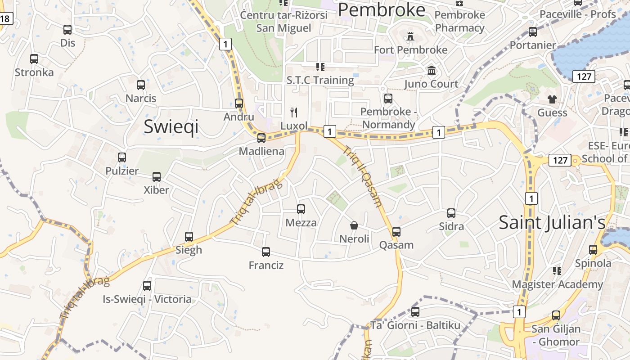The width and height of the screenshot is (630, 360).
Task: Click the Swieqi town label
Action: click(x=171, y=127)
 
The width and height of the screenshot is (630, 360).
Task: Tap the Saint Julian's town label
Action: click(x=552, y=223)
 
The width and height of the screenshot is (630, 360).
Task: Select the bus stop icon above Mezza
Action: click(x=301, y=209)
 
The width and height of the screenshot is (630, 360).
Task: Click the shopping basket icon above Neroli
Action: click(x=354, y=225)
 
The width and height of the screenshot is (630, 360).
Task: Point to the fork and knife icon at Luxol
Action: click(x=294, y=112)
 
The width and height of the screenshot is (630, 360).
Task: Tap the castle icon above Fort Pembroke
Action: click(x=410, y=36)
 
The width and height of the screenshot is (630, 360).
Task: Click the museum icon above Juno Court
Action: click(x=432, y=71)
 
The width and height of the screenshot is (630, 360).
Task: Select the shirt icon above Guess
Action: click(x=552, y=99)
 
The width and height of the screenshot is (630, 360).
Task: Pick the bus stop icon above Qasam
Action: click(x=396, y=231)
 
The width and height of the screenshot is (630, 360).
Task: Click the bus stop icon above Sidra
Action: click(x=451, y=213)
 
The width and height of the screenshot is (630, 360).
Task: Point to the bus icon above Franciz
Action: click(x=266, y=252)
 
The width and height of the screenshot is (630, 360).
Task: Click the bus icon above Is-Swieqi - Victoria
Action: click(x=147, y=285)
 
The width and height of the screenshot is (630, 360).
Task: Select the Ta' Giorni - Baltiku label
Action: click(x=415, y=325)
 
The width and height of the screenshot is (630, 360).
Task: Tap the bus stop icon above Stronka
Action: click(x=34, y=59)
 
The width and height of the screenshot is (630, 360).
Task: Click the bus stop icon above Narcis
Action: click(x=141, y=85)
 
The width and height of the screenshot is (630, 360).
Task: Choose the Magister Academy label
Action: click(x=557, y=284)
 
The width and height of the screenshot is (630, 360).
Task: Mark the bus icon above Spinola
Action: click(x=593, y=250)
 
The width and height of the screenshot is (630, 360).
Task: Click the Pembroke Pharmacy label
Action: click(x=459, y=21)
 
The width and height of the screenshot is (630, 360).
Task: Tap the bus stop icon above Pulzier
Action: click(x=122, y=157)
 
